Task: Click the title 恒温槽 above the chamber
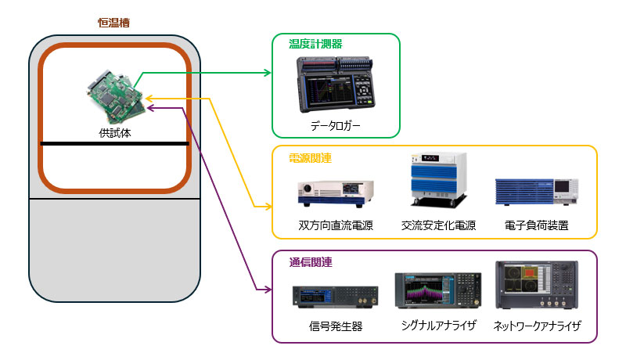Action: tap(114, 23)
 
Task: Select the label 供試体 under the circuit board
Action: tap(115, 133)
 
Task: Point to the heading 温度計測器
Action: tap(315, 44)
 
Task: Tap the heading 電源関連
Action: tap(310, 158)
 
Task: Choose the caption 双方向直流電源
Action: tap(336, 225)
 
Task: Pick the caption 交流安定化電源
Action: tap(438, 225)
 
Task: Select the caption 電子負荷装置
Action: tap(536, 225)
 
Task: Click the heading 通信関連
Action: tap(310, 262)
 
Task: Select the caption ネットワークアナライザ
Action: tap(537, 326)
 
